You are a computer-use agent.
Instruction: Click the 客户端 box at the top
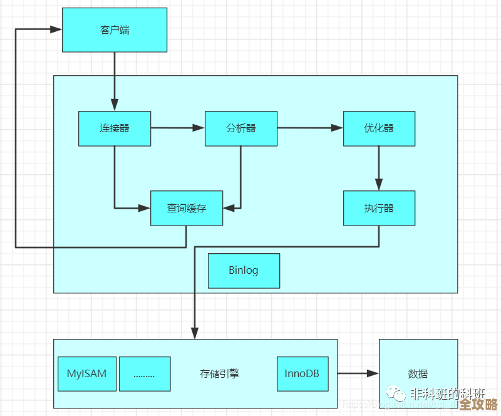click(115, 30)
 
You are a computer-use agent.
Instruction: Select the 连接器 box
click(115, 128)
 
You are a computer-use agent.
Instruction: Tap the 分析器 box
click(241, 128)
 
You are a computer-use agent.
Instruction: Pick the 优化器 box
click(379, 128)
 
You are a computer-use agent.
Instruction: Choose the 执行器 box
click(379, 208)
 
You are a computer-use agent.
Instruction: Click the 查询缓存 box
click(187, 208)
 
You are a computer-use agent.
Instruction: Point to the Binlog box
click(244, 271)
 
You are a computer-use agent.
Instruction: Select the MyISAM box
click(86, 374)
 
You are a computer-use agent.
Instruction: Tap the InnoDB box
click(302, 374)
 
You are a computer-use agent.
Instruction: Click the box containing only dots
click(145, 374)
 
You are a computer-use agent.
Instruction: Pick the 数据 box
click(418, 374)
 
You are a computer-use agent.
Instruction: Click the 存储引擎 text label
click(220, 374)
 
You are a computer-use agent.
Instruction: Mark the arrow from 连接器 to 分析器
click(178, 128)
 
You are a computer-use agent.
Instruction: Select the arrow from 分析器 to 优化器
click(310, 128)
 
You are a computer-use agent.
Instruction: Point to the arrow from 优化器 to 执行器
click(379, 168)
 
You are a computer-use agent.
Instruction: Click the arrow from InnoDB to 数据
click(358, 374)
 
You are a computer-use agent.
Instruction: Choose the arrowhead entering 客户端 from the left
click(56, 29)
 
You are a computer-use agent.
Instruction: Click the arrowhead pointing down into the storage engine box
click(195, 333)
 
